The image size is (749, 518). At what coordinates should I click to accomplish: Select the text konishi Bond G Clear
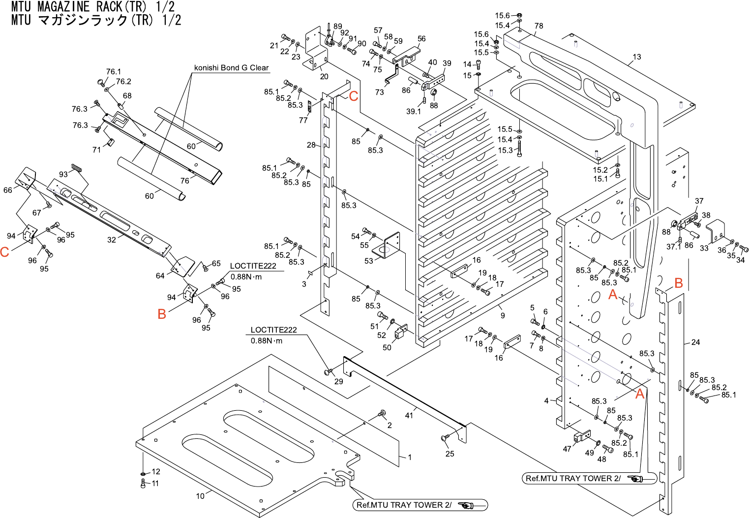click(x=231, y=68)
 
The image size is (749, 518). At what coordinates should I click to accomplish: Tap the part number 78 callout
click(x=539, y=26)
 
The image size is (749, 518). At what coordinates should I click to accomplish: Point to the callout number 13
click(x=637, y=57)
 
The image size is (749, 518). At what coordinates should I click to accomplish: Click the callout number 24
click(x=695, y=342)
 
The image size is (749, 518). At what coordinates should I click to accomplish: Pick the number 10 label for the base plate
click(x=200, y=496)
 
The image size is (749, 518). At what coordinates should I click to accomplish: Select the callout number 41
click(x=409, y=416)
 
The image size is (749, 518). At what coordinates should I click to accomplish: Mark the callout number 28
click(x=311, y=145)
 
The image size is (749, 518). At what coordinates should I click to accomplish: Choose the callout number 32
click(x=112, y=240)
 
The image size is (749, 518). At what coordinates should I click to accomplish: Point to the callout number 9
click(x=503, y=315)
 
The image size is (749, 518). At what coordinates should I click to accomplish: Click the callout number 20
click(x=324, y=77)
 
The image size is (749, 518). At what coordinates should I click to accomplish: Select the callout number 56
click(x=421, y=39)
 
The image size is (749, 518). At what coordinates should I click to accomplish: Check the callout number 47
click(x=567, y=449)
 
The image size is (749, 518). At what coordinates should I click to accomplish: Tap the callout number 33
click(x=704, y=248)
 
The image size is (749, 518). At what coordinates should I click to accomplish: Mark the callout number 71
click(x=96, y=150)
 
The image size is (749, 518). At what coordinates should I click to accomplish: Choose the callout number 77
click(x=303, y=120)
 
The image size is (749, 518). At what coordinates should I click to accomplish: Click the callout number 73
click(x=379, y=92)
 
